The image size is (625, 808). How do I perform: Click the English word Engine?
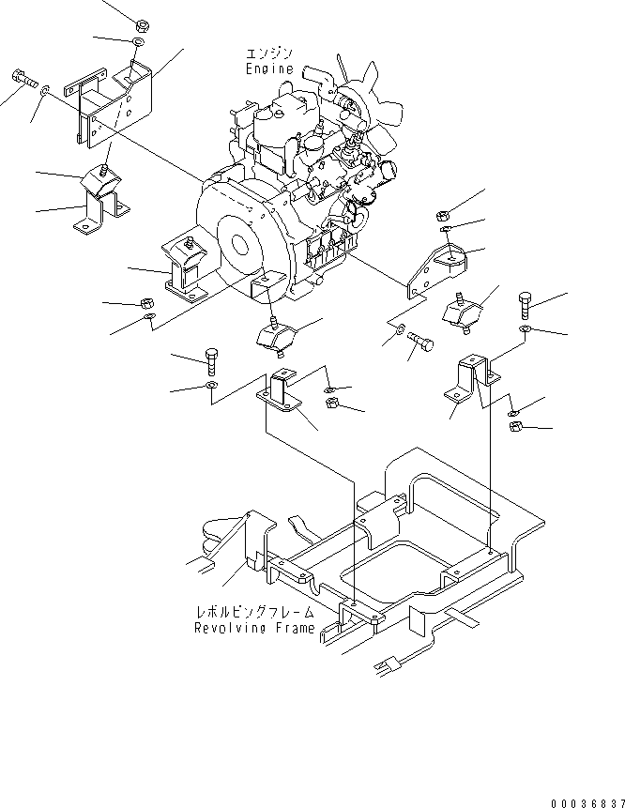[x=269, y=69]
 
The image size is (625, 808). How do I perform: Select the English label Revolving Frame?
[x=254, y=629]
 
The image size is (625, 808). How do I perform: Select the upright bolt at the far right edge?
[x=525, y=305]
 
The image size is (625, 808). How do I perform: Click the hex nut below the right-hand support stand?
[x=516, y=428]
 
